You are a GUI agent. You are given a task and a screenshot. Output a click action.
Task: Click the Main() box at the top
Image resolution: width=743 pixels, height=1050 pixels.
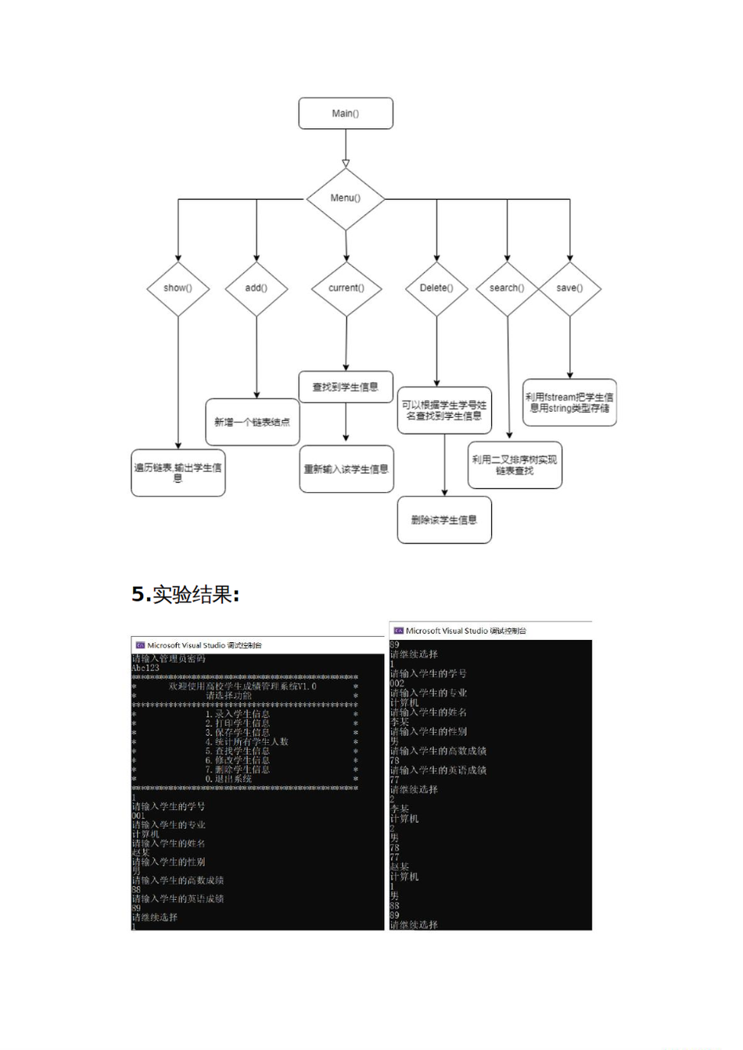pos(346,113)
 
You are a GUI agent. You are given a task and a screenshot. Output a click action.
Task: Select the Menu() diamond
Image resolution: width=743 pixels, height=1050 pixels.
pos(346,198)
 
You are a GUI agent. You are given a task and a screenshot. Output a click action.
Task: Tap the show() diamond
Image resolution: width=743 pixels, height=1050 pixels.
pos(178,288)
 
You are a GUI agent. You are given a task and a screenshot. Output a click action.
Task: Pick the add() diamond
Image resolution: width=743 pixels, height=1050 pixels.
pos(257,288)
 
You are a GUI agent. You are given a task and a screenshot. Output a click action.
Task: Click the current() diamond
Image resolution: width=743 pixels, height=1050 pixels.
pos(346,288)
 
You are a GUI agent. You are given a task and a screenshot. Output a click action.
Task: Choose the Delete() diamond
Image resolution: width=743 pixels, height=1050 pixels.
pos(436,288)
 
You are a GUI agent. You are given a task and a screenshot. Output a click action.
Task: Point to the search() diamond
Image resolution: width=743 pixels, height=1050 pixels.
pos(507,288)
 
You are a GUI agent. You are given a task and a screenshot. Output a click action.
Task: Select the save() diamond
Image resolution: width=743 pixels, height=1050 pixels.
pos(569,288)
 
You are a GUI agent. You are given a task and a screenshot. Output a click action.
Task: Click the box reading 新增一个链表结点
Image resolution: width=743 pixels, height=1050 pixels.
pos(252,422)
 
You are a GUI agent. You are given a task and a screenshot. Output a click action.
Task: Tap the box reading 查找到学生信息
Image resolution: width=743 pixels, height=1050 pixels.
pos(346,387)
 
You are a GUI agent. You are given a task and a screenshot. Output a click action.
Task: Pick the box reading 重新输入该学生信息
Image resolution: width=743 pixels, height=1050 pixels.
pos(346,469)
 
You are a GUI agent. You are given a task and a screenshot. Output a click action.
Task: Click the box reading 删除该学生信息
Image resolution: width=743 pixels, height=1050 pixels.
pos(444,520)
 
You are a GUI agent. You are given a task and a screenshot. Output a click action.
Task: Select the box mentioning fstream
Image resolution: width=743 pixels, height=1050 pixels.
pos(569,402)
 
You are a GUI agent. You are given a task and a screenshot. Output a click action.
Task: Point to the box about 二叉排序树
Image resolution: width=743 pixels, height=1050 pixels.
pos(515,465)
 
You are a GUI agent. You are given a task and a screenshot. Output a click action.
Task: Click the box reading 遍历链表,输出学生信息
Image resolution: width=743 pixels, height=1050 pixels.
pos(178,473)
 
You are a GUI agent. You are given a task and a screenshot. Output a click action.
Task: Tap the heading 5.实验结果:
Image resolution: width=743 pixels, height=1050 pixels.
pos(185,595)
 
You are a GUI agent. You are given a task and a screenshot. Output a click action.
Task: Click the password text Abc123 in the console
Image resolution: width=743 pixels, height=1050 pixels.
pos(145,668)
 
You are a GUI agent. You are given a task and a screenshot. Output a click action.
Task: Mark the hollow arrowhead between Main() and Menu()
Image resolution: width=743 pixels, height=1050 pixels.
pos(346,163)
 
